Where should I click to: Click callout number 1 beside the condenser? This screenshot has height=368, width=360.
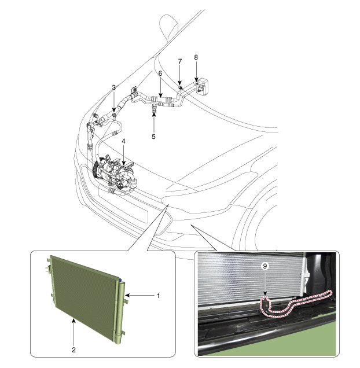point(158,296)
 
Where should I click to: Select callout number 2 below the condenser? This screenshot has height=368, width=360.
point(74,350)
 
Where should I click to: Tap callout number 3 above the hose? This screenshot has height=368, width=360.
point(114,87)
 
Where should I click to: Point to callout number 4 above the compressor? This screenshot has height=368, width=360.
point(123,141)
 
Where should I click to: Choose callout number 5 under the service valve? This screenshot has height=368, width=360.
point(153,137)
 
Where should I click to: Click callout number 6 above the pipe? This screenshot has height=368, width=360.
point(160,73)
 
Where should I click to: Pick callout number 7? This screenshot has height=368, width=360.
point(180,61)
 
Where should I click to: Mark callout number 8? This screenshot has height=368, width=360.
point(196,57)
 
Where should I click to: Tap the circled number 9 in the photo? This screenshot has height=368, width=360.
point(265,266)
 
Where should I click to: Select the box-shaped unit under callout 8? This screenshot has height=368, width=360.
point(201,87)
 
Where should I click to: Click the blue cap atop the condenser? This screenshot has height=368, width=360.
point(120,279)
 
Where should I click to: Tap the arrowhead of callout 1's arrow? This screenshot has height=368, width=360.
point(127,295)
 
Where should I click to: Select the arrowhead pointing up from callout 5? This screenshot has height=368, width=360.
point(154,114)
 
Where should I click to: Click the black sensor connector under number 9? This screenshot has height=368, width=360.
point(265,304)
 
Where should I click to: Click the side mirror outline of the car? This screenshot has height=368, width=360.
point(168,28)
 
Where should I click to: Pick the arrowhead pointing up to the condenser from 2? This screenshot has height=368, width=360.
point(74,320)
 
